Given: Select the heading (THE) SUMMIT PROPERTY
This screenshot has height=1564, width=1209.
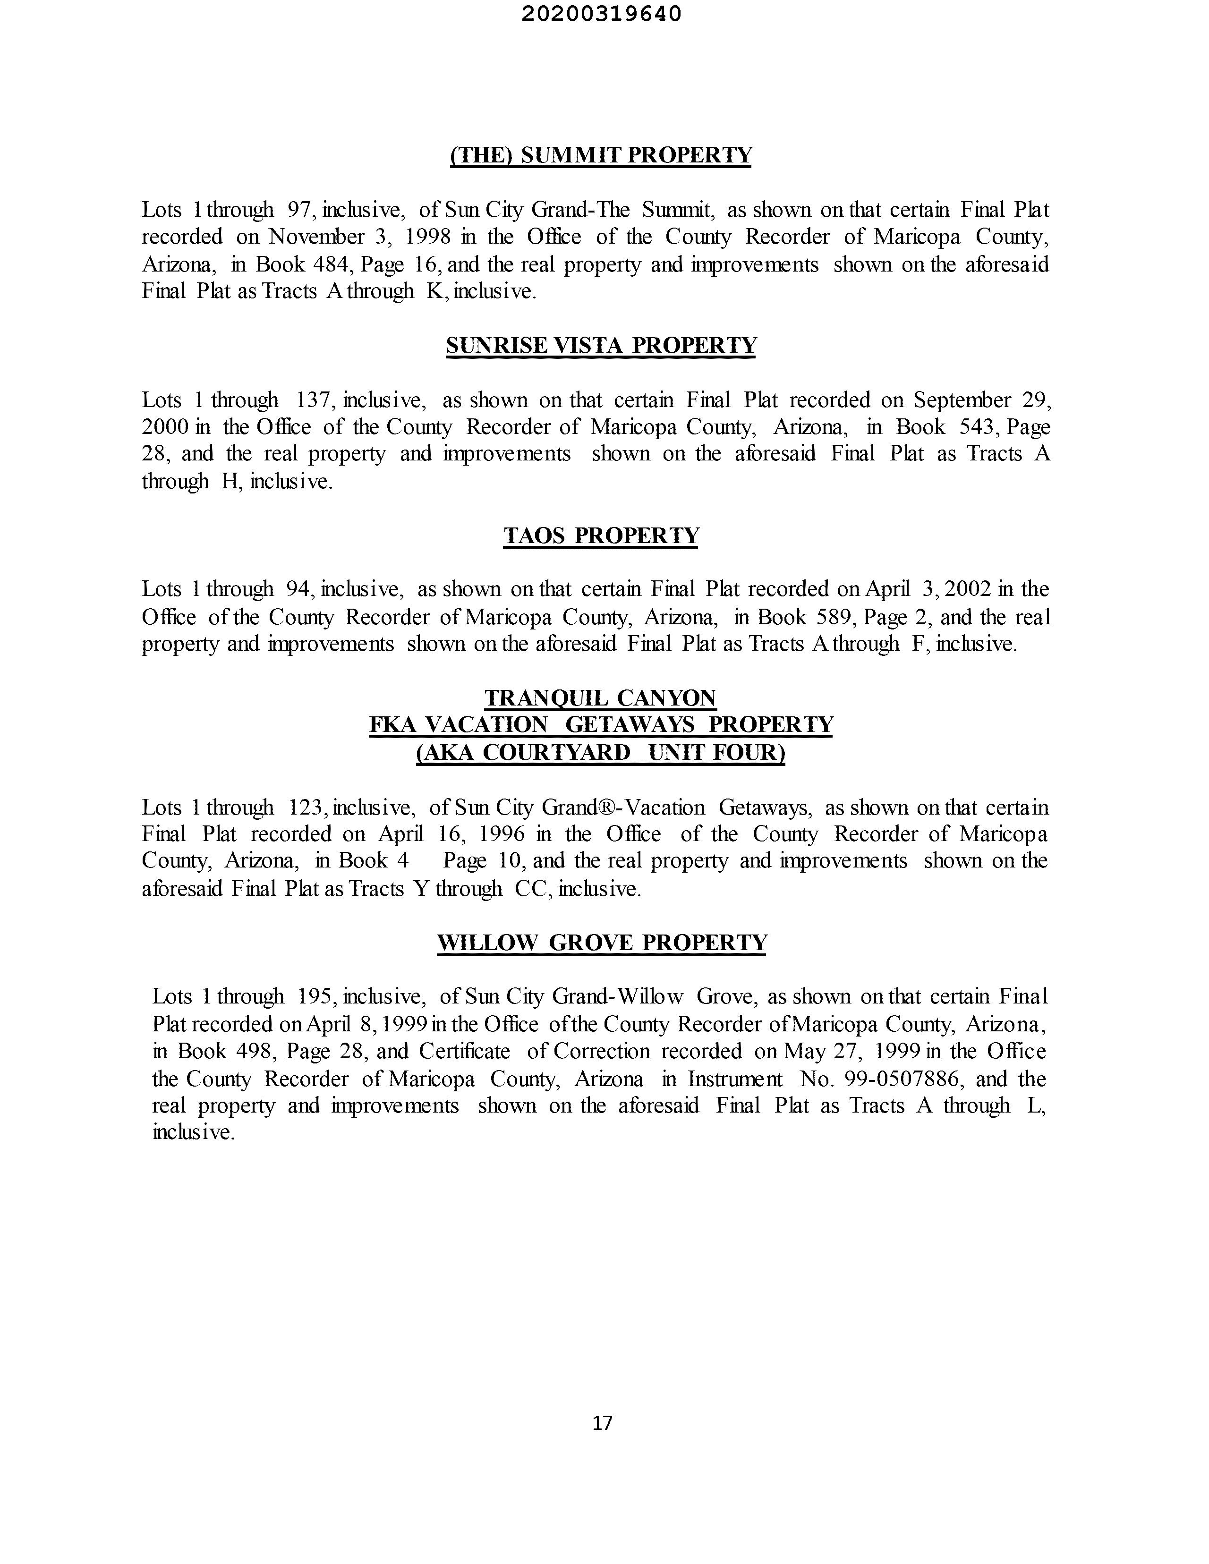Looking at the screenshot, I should (x=601, y=155).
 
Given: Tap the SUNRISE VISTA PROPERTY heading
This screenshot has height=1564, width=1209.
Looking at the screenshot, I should (x=601, y=345).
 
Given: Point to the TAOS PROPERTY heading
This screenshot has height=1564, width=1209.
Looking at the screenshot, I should (x=601, y=535).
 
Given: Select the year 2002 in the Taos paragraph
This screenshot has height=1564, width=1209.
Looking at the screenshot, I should (x=968, y=589).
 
